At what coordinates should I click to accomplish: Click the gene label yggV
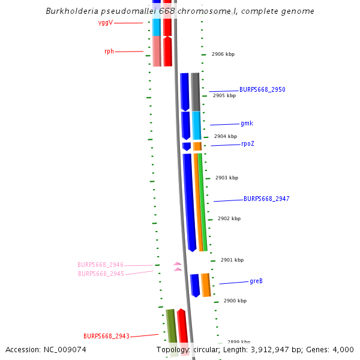click(106, 23)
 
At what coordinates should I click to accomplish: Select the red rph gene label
click(109, 52)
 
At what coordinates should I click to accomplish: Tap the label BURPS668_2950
click(262, 89)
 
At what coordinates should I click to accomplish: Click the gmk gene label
click(247, 124)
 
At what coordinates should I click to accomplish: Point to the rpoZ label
click(248, 144)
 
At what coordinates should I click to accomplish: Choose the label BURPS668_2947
click(266, 199)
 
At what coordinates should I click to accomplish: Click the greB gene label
click(256, 281)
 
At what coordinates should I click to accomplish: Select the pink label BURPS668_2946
click(100, 265)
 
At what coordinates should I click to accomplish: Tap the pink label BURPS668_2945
click(101, 274)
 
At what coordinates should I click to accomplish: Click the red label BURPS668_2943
click(106, 336)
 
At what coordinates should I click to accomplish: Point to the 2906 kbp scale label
click(223, 55)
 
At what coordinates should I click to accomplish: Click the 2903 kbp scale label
click(227, 178)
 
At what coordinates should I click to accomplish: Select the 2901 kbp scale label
click(232, 260)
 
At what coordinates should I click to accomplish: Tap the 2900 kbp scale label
click(235, 301)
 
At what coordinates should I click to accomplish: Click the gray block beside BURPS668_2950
click(196, 91)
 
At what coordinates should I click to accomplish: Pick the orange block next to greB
click(206, 284)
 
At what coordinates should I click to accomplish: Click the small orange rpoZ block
click(197, 146)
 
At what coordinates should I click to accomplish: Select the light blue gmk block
click(196, 125)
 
